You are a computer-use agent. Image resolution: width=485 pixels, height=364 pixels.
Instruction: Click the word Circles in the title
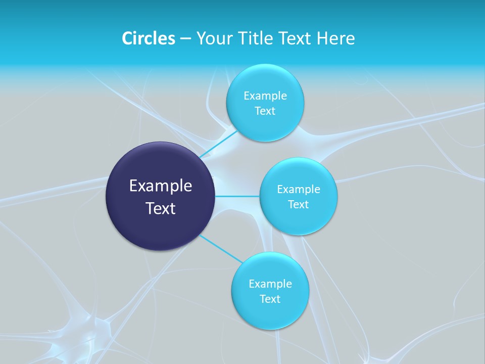148,38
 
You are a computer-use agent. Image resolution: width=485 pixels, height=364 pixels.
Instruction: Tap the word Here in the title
335,38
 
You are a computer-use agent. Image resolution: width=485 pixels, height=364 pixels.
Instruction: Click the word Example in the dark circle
161,186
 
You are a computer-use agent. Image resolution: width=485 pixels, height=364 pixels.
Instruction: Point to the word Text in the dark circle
161,208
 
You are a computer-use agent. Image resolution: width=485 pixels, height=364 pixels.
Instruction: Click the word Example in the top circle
265,96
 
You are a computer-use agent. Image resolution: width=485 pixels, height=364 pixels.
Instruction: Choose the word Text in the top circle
265,111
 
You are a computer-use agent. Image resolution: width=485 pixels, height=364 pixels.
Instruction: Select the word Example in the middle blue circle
299,189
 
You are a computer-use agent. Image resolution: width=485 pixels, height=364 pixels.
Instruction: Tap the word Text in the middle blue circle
299,204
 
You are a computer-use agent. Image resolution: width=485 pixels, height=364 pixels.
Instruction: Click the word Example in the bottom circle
270,284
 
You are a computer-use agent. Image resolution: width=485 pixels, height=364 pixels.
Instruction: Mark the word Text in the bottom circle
270,299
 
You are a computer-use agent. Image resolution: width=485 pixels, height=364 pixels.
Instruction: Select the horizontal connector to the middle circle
237,196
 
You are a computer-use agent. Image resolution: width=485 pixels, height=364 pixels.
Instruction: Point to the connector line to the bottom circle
220,248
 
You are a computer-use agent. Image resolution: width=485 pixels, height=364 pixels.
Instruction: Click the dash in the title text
185,38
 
